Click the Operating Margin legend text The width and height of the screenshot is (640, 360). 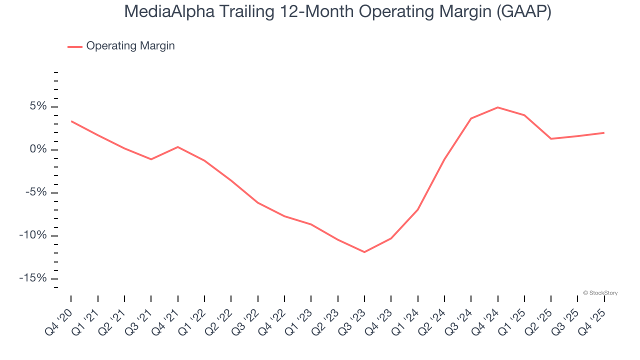click(x=130, y=46)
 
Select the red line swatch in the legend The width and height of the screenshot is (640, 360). click(x=75, y=47)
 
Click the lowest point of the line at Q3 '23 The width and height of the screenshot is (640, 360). click(x=364, y=252)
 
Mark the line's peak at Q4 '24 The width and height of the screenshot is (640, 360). click(x=498, y=107)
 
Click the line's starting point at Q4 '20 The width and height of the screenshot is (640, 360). click(x=71, y=121)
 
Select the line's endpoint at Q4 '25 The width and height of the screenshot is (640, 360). click(x=604, y=132)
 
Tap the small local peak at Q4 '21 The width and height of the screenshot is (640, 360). click(x=178, y=147)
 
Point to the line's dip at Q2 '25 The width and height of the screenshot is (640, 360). click(x=551, y=138)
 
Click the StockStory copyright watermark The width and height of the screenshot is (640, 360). click(x=600, y=293)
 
